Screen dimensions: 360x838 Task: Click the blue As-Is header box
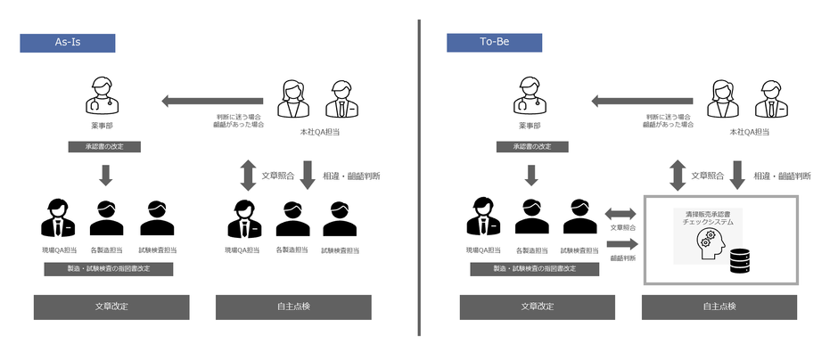tap(68, 43)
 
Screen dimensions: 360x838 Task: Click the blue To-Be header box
tap(494, 43)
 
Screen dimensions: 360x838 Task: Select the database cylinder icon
tap(739, 261)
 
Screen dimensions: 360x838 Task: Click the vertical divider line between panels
tap(419, 178)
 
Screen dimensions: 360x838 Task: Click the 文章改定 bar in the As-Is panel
tap(111, 307)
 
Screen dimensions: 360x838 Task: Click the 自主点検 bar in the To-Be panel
tap(719, 307)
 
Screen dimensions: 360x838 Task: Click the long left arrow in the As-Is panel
tap(213, 101)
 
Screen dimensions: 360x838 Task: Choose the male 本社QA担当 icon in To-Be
tap(771, 99)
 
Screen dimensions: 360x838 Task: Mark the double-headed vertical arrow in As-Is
tap(247, 175)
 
